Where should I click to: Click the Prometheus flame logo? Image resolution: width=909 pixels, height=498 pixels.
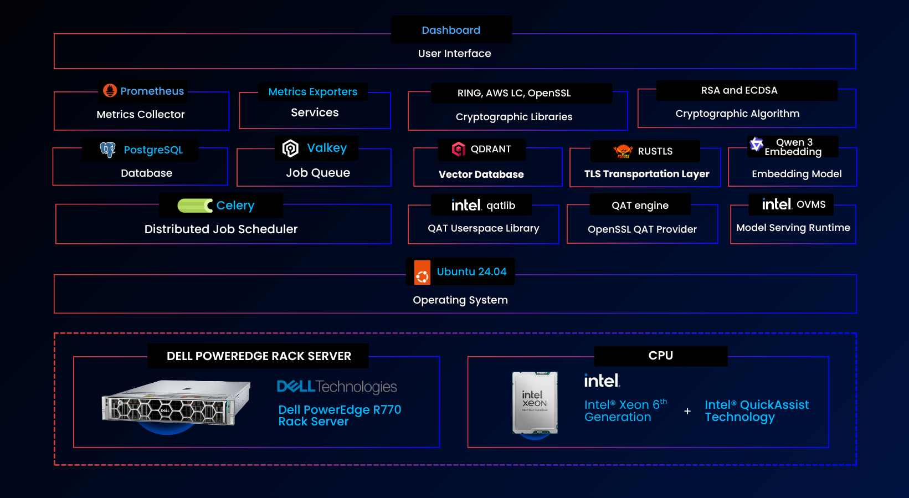pyautogui.click(x=110, y=90)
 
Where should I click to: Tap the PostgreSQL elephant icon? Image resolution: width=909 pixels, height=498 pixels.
pyautogui.click(x=108, y=150)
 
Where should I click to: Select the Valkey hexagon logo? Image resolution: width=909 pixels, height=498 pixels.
pyautogui.click(x=291, y=148)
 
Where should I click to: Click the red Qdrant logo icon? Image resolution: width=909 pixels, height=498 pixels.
pyautogui.click(x=459, y=149)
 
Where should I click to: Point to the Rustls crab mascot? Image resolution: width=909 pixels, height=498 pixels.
pyautogui.click(x=623, y=151)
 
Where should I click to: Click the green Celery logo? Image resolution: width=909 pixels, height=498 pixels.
pyautogui.click(x=195, y=206)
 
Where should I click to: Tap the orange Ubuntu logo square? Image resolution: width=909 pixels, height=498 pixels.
pyautogui.click(x=422, y=273)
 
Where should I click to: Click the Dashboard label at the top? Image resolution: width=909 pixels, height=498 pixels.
pyautogui.click(x=451, y=30)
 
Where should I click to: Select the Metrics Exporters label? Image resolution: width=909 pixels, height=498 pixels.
pyautogui.click(x=313, y=92)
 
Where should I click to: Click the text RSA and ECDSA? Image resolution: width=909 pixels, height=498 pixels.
pyautogui.click(x=739, y=90)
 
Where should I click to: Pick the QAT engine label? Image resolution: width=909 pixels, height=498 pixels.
pyautogui.click(x=640, y=206)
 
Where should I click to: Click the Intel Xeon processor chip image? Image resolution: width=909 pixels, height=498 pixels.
pyautogui.click(x=535, y=403)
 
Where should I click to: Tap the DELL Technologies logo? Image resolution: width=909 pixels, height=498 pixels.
pyautogui.click(x=337, y=387)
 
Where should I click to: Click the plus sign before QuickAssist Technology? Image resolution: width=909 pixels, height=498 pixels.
pyautogui.click(x=687, y=411)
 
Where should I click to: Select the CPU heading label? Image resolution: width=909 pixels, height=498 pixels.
pyautogui.click(x=661, y=356)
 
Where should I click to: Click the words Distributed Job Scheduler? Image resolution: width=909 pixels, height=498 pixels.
pyautogui.click(x=221, y=229)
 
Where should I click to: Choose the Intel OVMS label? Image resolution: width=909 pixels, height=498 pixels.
pyautogui.click(x=793, y=204)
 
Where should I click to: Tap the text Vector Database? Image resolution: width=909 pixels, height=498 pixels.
pyautogui.click(x=481, y=174)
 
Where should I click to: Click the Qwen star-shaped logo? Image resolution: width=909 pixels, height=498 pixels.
pyautogui.click(x=756, y=144)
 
